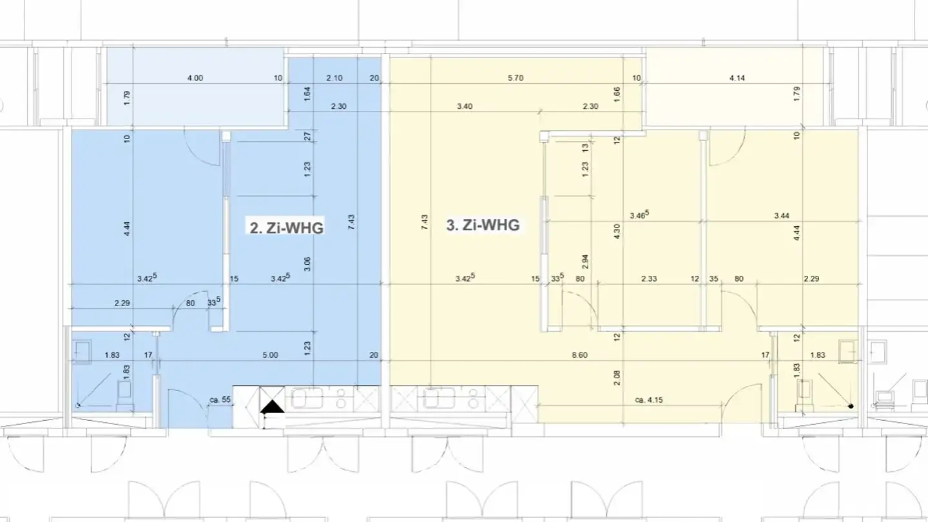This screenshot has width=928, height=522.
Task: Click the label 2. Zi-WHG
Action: (286, 227)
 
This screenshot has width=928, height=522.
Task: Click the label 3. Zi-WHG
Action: (483, 226)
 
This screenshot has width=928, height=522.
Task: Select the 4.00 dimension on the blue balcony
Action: (195, 78)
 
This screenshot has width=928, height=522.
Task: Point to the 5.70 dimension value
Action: (515, 78)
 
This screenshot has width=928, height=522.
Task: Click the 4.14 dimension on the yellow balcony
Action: (737, 78)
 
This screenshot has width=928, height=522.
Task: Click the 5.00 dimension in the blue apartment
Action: (270, 354)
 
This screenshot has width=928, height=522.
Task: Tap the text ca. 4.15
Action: (649, 400)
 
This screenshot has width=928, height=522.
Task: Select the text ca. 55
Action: (220, 400)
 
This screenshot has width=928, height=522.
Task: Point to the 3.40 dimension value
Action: (464, 106)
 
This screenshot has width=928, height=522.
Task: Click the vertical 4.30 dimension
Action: (617, 232)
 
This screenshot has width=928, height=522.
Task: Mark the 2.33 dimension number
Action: (649, 278)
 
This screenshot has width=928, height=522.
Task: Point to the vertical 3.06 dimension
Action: (307, 264)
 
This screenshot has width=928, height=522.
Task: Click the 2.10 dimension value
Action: (333, 78)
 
